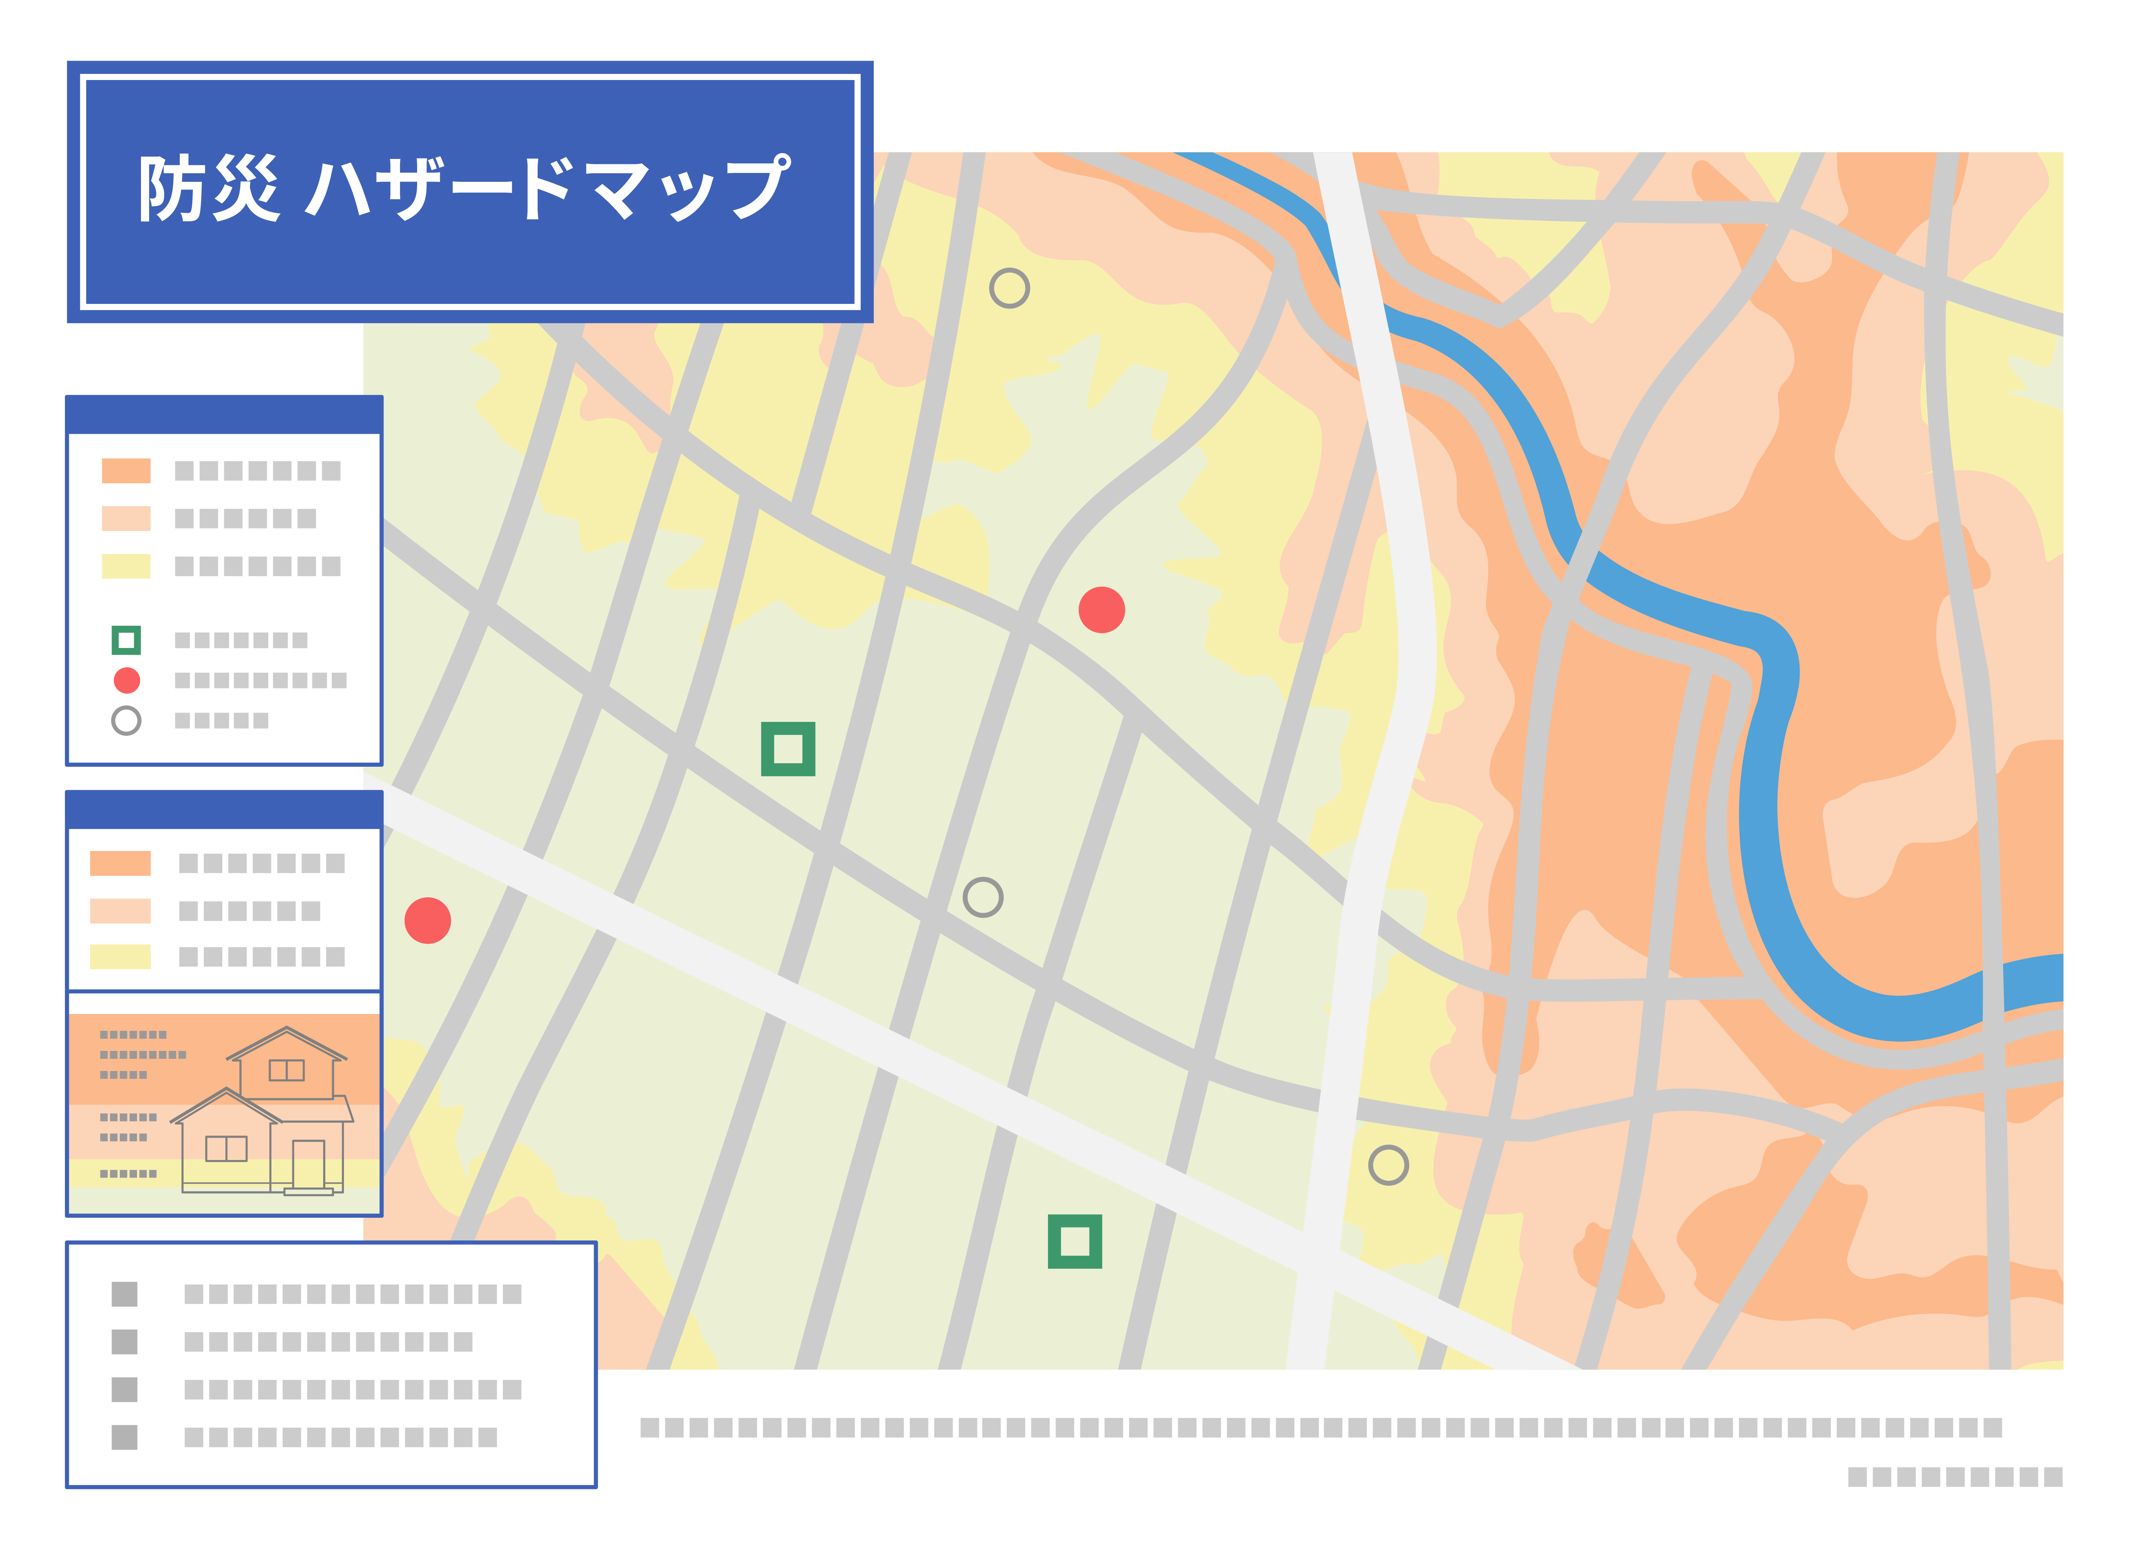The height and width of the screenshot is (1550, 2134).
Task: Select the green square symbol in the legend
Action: (x=126, y=640)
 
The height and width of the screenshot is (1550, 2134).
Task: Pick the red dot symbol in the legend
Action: (x=126, y=680)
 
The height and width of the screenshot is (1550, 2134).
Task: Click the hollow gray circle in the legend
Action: (x=126, y=720)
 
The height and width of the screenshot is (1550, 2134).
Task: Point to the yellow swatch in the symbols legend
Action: (x=126, y=565)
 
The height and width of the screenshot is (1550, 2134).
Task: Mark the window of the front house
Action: (x=226, y=1148)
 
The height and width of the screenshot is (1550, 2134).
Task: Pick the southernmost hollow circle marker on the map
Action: (x=1388, y=1165)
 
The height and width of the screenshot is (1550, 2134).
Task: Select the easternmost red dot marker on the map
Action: (x=1102, y=610)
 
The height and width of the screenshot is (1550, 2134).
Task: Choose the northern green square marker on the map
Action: (x=788, y=749)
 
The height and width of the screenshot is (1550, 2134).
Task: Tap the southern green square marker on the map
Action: (x=1075, y=1241)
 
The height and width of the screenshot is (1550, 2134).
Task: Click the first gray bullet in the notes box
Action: (x=124, y=1294)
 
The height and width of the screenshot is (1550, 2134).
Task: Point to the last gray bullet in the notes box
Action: (x=124, y=1437)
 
